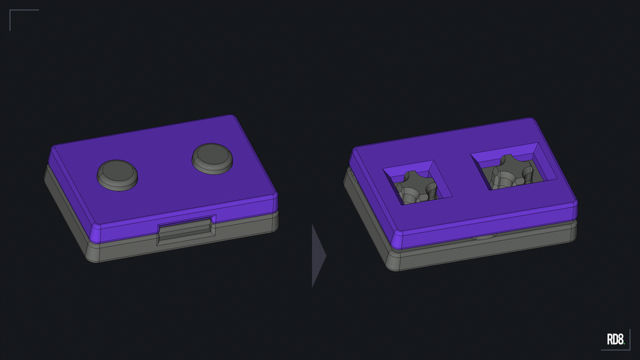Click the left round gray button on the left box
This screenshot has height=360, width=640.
coord(117,175)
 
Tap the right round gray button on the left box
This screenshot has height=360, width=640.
coord(212,158)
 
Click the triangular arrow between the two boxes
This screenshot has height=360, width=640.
coord(318,255)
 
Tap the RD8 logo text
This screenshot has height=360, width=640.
coord(615,339)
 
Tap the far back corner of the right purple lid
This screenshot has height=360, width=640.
coord(531,120)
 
